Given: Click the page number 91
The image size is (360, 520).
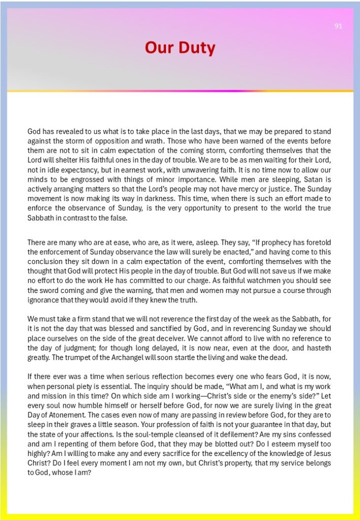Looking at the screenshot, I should pos(338,26).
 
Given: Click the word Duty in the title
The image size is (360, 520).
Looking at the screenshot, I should pos(195,48).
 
